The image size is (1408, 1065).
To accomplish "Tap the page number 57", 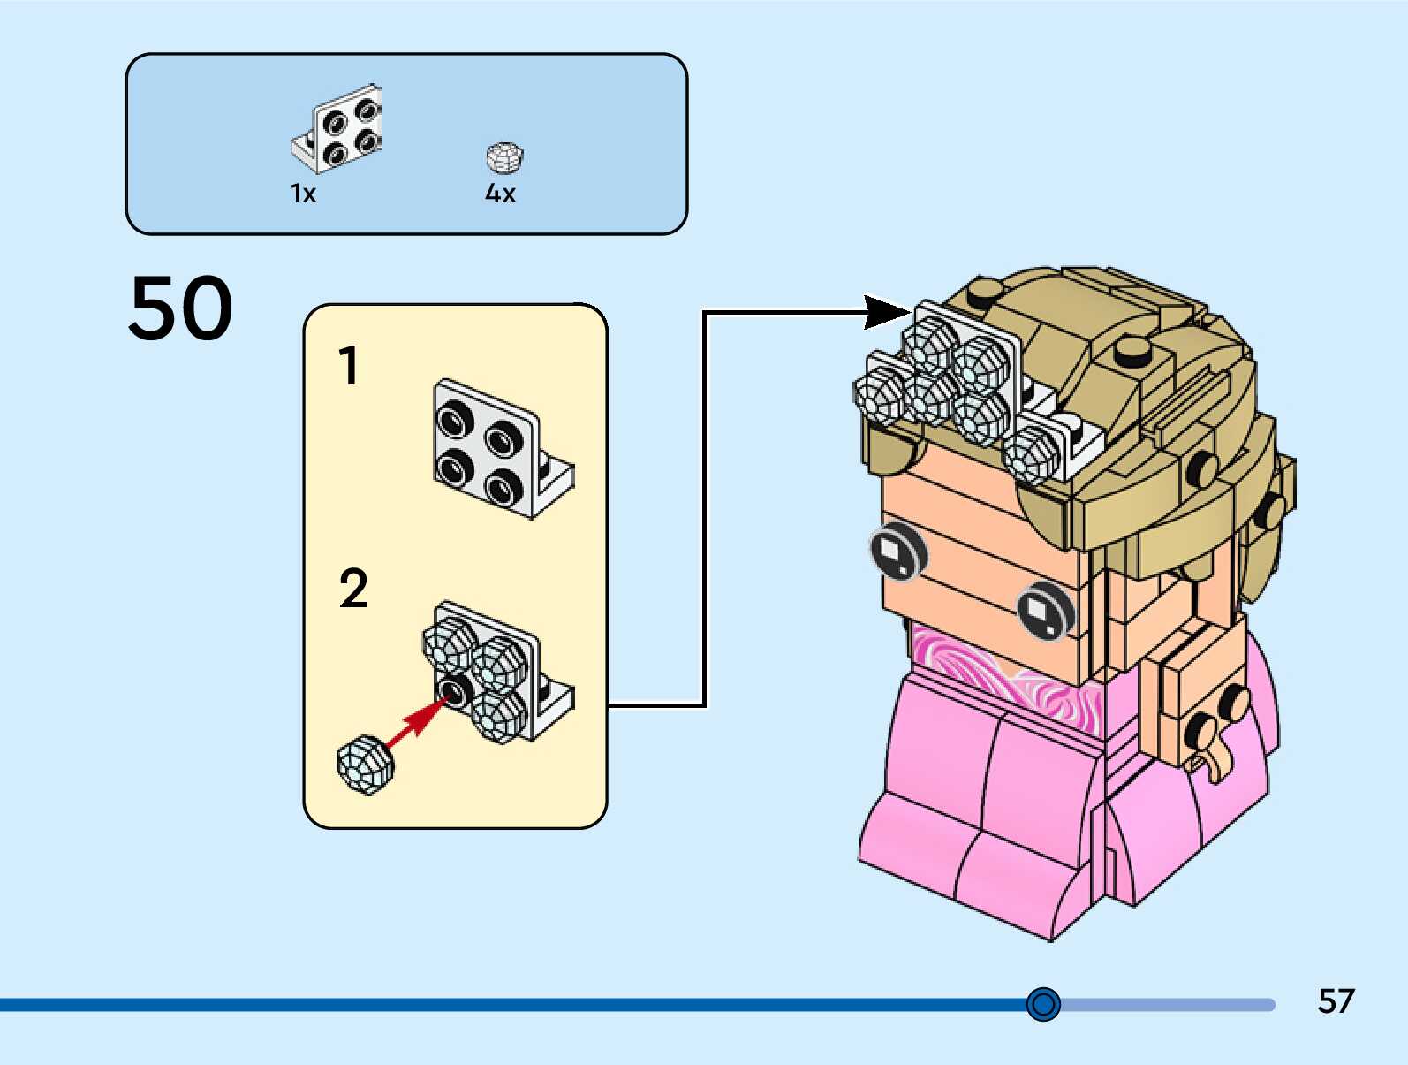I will (x=1336, y=1001).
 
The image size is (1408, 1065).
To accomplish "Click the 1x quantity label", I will (x=303, y=194).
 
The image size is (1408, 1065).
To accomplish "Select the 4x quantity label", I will (x=500, y=194).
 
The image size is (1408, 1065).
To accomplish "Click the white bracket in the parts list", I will (x=338, y=128).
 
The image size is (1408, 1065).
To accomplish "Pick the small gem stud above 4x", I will (x=504, y=158).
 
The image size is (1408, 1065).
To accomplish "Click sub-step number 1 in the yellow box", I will (x=350, y=365).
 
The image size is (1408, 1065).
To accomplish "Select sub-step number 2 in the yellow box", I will (x=353, y=589).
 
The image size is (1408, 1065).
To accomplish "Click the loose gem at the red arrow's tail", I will (x=365, y=764).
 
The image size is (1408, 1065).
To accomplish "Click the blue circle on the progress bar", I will (x=1043, y=1004).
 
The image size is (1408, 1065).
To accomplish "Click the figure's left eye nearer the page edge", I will (x=898, y=552).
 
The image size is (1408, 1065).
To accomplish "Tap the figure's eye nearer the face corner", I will (x=1045, y=611).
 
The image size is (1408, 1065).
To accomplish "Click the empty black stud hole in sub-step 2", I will (x=454, y=690).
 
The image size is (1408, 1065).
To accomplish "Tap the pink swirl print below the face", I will (x=998, y=676).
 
